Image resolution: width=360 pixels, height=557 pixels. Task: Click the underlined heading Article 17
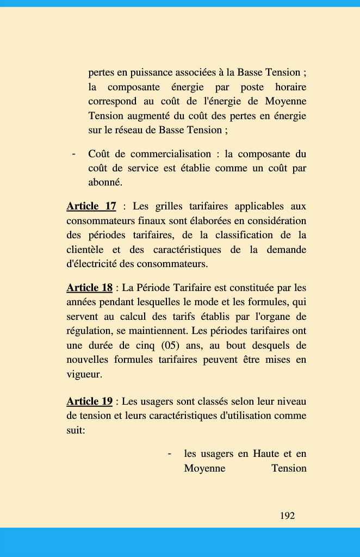[x=91, y=207]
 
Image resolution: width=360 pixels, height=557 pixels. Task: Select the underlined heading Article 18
[x=89, y=288]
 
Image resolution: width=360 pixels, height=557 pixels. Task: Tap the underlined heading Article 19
[x=89, y=401]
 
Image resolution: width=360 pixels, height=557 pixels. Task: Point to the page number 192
[x=287, y=516]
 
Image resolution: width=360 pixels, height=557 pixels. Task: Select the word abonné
[x=105, y=183]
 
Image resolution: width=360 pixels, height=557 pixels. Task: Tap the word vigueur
[x=84, y=374]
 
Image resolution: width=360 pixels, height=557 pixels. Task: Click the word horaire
[x=290, y=87]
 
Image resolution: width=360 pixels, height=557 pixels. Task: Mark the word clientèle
[x=84, y=250]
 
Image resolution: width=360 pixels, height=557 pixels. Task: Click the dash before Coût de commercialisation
[x=73, y=154]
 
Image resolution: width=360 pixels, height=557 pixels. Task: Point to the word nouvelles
[x=87, y=360]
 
